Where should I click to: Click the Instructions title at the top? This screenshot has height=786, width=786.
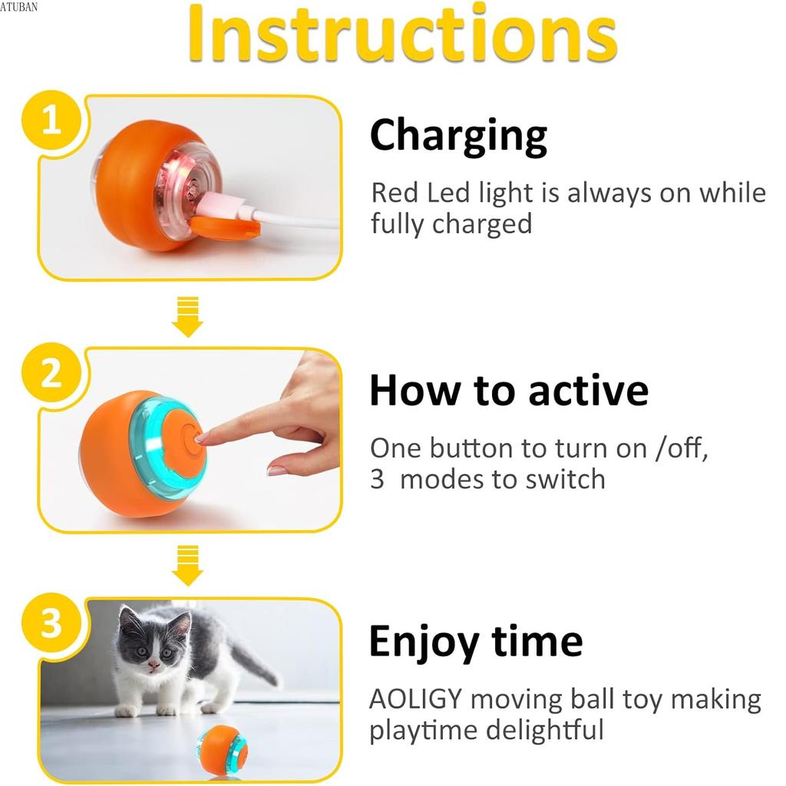pos(402,35)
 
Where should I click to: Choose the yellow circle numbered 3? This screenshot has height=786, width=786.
pos(51,624)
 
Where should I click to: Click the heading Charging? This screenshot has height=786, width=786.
pos(458,136)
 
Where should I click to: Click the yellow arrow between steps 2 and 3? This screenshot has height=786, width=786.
pos(187,565)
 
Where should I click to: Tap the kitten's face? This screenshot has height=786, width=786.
pos(150,651)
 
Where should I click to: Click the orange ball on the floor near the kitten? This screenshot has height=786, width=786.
pos(222,749)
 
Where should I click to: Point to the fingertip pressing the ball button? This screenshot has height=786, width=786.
pos(203,438)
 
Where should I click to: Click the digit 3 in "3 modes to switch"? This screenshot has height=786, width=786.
pos(377,479)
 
